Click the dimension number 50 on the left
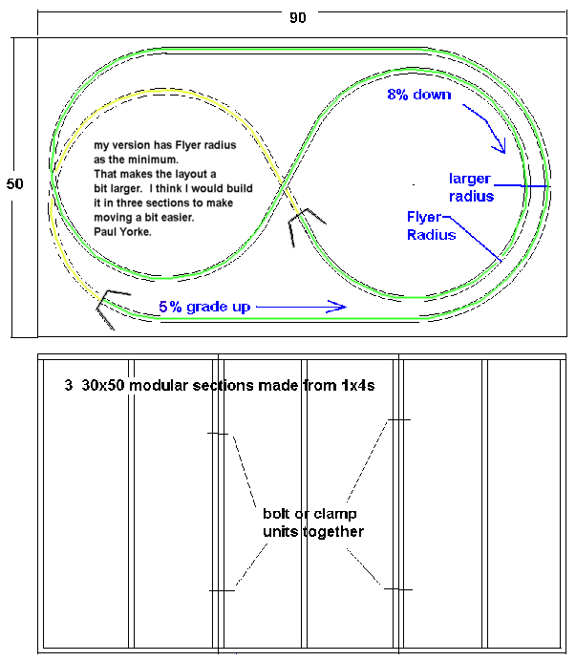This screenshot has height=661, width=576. [14, 183]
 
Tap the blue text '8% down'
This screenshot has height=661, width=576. [417, 95]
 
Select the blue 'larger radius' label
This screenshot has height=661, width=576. [472, 187]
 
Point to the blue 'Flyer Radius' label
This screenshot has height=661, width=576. [431, 225]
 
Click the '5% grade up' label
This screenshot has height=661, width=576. [204, 307]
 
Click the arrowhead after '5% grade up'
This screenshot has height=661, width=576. [337, 307]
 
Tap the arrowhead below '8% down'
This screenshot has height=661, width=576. [499, 145]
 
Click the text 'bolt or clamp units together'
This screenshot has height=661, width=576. [306, 522]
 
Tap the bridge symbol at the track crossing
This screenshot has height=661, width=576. [304, 223]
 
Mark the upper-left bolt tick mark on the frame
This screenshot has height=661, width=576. [220, 434]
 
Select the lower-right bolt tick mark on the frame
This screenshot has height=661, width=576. [396, 589]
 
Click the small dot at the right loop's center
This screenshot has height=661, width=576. [414, 184]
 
